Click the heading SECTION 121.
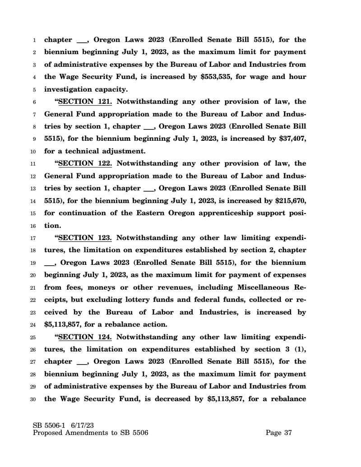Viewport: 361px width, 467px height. (x=85, y=101)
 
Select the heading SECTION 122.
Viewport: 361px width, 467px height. (x=85, y=163)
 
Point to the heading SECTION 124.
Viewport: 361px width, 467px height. (x=85, y=336)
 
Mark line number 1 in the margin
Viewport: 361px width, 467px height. (x=35, y=39)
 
